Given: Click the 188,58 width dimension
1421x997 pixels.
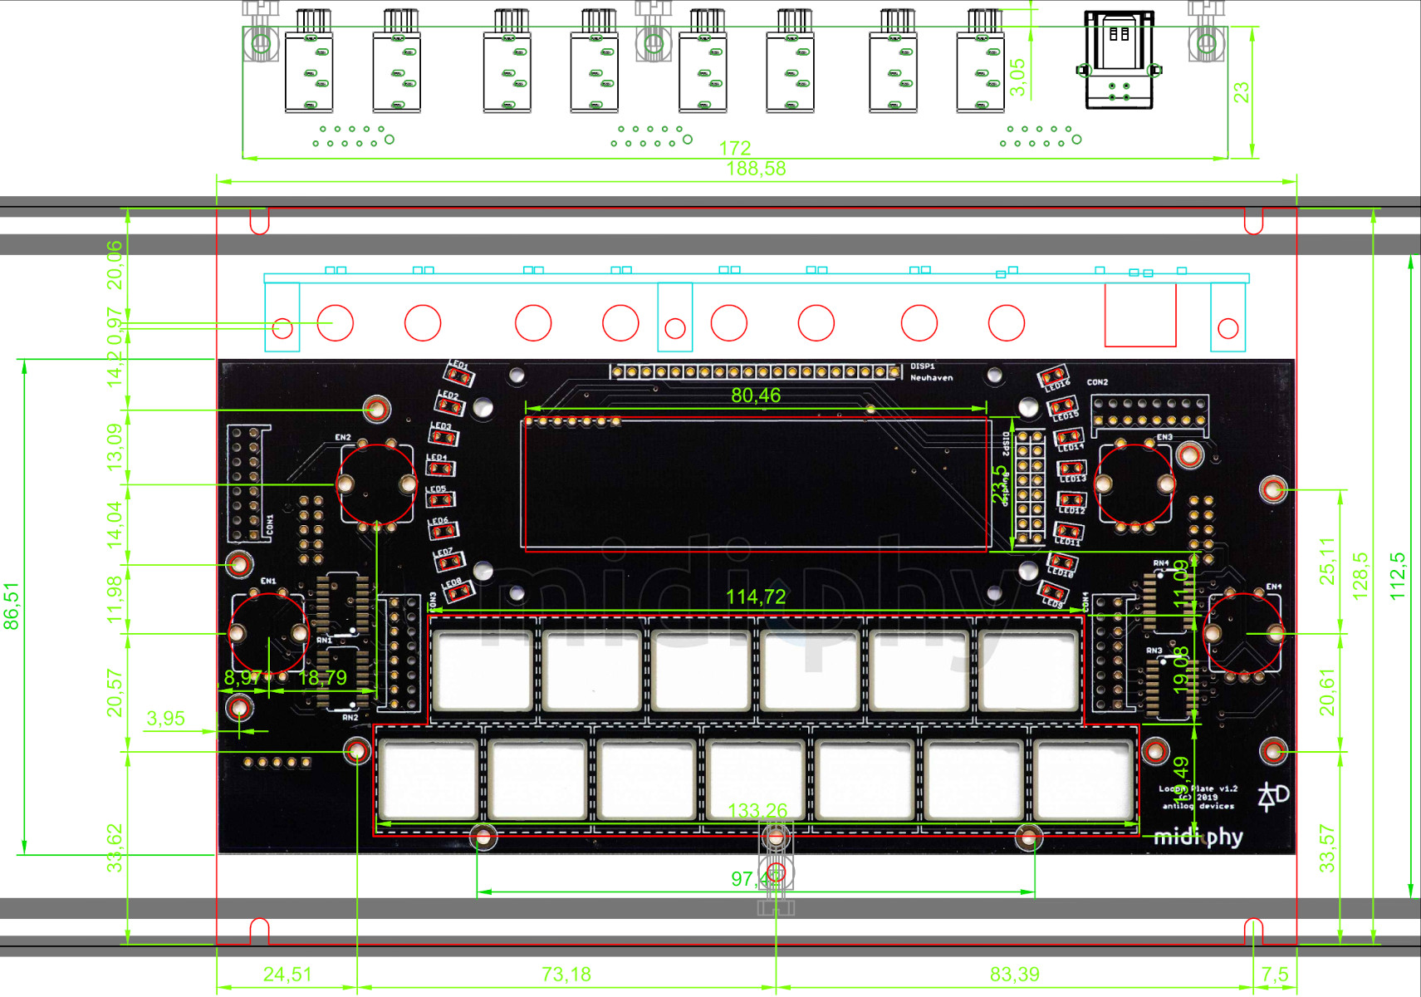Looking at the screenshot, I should coord(756,169).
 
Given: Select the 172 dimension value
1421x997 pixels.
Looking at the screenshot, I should coord(735,148).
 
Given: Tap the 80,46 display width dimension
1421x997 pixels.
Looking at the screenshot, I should coord(756,395).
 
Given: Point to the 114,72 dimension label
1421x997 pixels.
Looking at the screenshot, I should coord(756,597).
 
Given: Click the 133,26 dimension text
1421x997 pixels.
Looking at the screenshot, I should coord(757,811).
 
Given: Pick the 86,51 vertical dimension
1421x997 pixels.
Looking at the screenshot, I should coord(12,606).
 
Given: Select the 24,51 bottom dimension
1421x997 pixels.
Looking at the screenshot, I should coord(287,974).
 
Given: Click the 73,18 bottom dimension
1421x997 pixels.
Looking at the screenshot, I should coord(566,974).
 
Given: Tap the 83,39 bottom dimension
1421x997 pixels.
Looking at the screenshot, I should coord(1014,974).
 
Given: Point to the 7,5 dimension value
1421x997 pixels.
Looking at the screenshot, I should coord(1275,974).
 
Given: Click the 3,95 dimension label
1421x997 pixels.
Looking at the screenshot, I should coord(165,719).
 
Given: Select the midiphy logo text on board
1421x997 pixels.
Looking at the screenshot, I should coord(1198,837).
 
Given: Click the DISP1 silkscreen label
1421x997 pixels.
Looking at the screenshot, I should coord(922,366).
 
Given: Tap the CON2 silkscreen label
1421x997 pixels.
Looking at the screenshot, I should coord(1097,382).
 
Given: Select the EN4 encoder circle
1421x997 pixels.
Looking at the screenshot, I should coord(1243,634).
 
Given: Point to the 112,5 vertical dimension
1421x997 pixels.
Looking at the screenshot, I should coord(1398,576).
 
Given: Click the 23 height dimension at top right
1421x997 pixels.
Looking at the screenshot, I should coord(1241,92).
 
